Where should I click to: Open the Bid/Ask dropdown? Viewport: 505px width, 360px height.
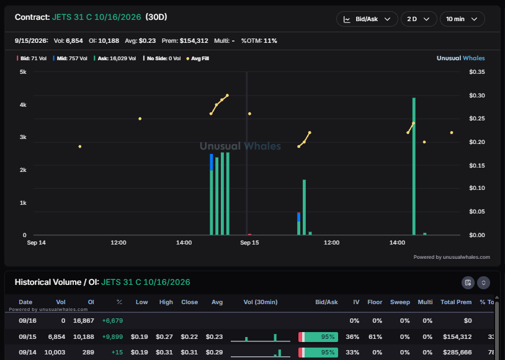tap(367, 19)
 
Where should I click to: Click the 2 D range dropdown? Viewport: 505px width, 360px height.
tap(419, 19)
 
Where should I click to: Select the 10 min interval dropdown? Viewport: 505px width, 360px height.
tap(462, 19)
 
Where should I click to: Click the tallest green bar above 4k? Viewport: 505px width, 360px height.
tap(414, 166)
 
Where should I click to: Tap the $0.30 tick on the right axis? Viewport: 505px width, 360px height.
tap(476, 96)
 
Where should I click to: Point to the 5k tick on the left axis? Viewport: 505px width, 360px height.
tap(23, 72)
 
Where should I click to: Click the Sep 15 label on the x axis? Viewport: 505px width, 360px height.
tap(249, 243)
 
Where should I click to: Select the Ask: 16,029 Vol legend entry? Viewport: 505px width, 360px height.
tap(115, 58)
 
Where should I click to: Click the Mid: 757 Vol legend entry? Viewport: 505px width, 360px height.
tap(70, 58)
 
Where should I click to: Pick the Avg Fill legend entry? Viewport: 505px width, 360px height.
tap(198, 58)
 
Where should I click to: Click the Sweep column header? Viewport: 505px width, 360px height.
tap(400, 302)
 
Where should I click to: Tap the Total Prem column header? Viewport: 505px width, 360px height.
tap(456, 302)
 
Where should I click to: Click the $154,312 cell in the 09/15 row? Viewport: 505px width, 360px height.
tap(457, 337)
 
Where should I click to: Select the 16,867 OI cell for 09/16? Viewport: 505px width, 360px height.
tap(84, 321)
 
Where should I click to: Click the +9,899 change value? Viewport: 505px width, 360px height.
tap(112, 337)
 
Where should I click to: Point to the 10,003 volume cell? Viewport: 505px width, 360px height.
tap(55, 353)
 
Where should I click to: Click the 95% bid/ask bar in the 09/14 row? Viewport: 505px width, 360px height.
tap(318, 353)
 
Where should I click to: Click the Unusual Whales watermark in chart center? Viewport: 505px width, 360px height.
tap(240, 146)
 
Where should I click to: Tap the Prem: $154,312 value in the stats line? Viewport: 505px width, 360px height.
tap(185, 41)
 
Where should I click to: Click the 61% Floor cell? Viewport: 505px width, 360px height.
tap(377, 337)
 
